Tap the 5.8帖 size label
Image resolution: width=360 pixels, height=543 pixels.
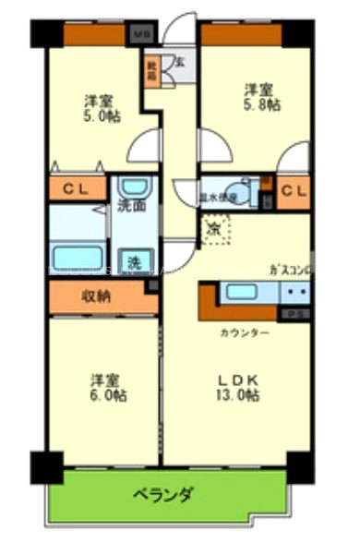(258, 106)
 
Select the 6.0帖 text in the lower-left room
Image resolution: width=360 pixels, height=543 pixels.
(107, 395)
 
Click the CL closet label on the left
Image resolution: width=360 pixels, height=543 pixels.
(75, 191)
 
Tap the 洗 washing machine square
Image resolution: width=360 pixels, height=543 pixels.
(135, 261)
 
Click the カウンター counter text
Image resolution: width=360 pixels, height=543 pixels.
(244, 332)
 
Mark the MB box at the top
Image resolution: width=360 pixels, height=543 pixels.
(143, 35)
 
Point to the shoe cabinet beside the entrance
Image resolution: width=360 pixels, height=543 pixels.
(151, 69)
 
